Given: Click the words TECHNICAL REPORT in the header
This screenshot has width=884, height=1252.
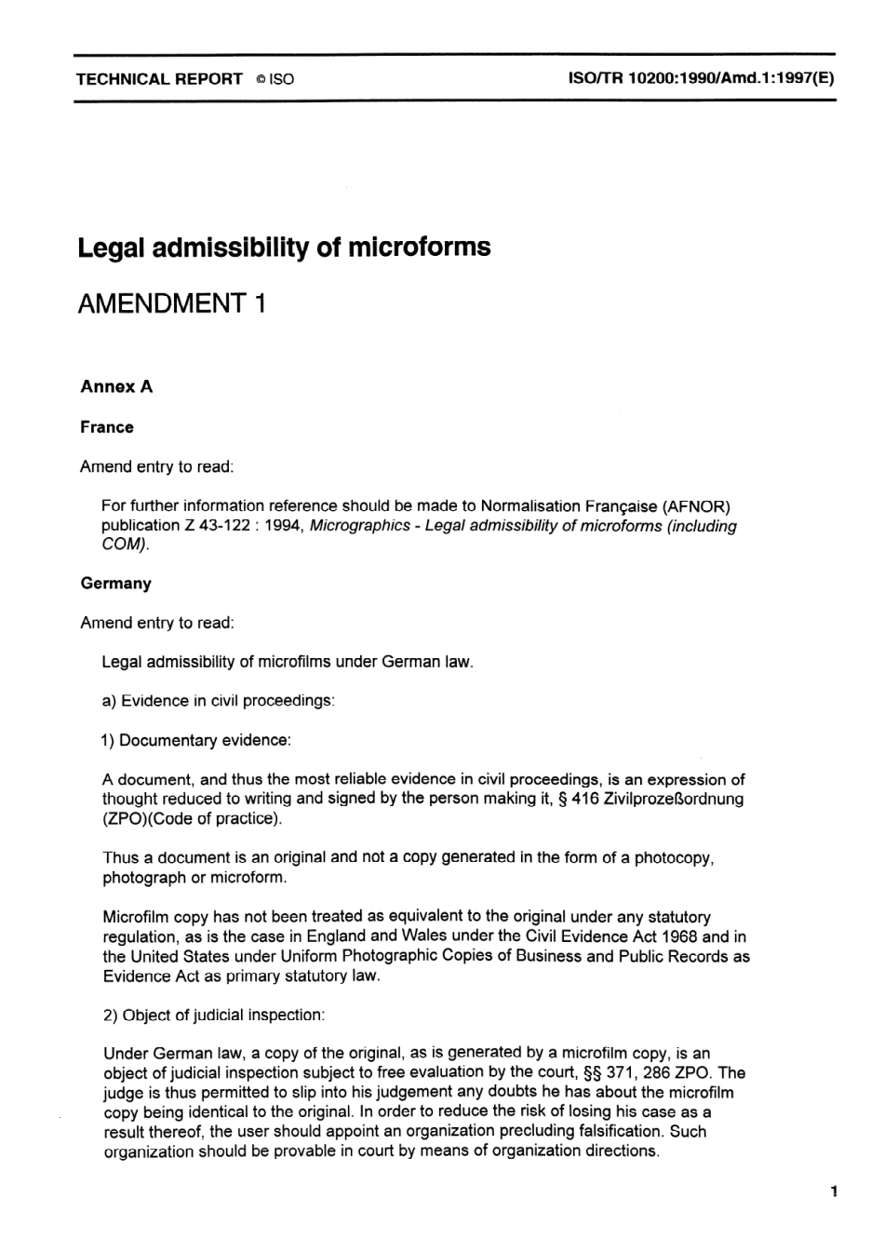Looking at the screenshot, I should [159, 79].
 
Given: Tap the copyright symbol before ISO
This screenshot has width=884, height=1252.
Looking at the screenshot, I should [260, 80].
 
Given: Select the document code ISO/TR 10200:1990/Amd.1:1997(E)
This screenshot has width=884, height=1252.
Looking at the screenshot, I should [700, 79].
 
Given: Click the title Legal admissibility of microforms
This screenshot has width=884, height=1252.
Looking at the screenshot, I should [284, 248].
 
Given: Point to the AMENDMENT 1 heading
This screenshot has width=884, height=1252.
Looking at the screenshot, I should [172, 303].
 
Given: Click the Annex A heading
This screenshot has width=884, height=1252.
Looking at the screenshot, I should [116, 387].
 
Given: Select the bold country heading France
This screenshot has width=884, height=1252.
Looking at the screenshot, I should [107, 427].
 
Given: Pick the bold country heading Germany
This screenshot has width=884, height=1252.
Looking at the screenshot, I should [115, 584].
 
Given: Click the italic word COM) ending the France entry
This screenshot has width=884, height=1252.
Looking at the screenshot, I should [125, 545].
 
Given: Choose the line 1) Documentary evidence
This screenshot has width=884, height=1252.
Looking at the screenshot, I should [196, 740].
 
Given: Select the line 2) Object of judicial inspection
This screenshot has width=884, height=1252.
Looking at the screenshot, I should [213, 1015].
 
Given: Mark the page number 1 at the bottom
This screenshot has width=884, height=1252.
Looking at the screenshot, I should [835, 1191].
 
